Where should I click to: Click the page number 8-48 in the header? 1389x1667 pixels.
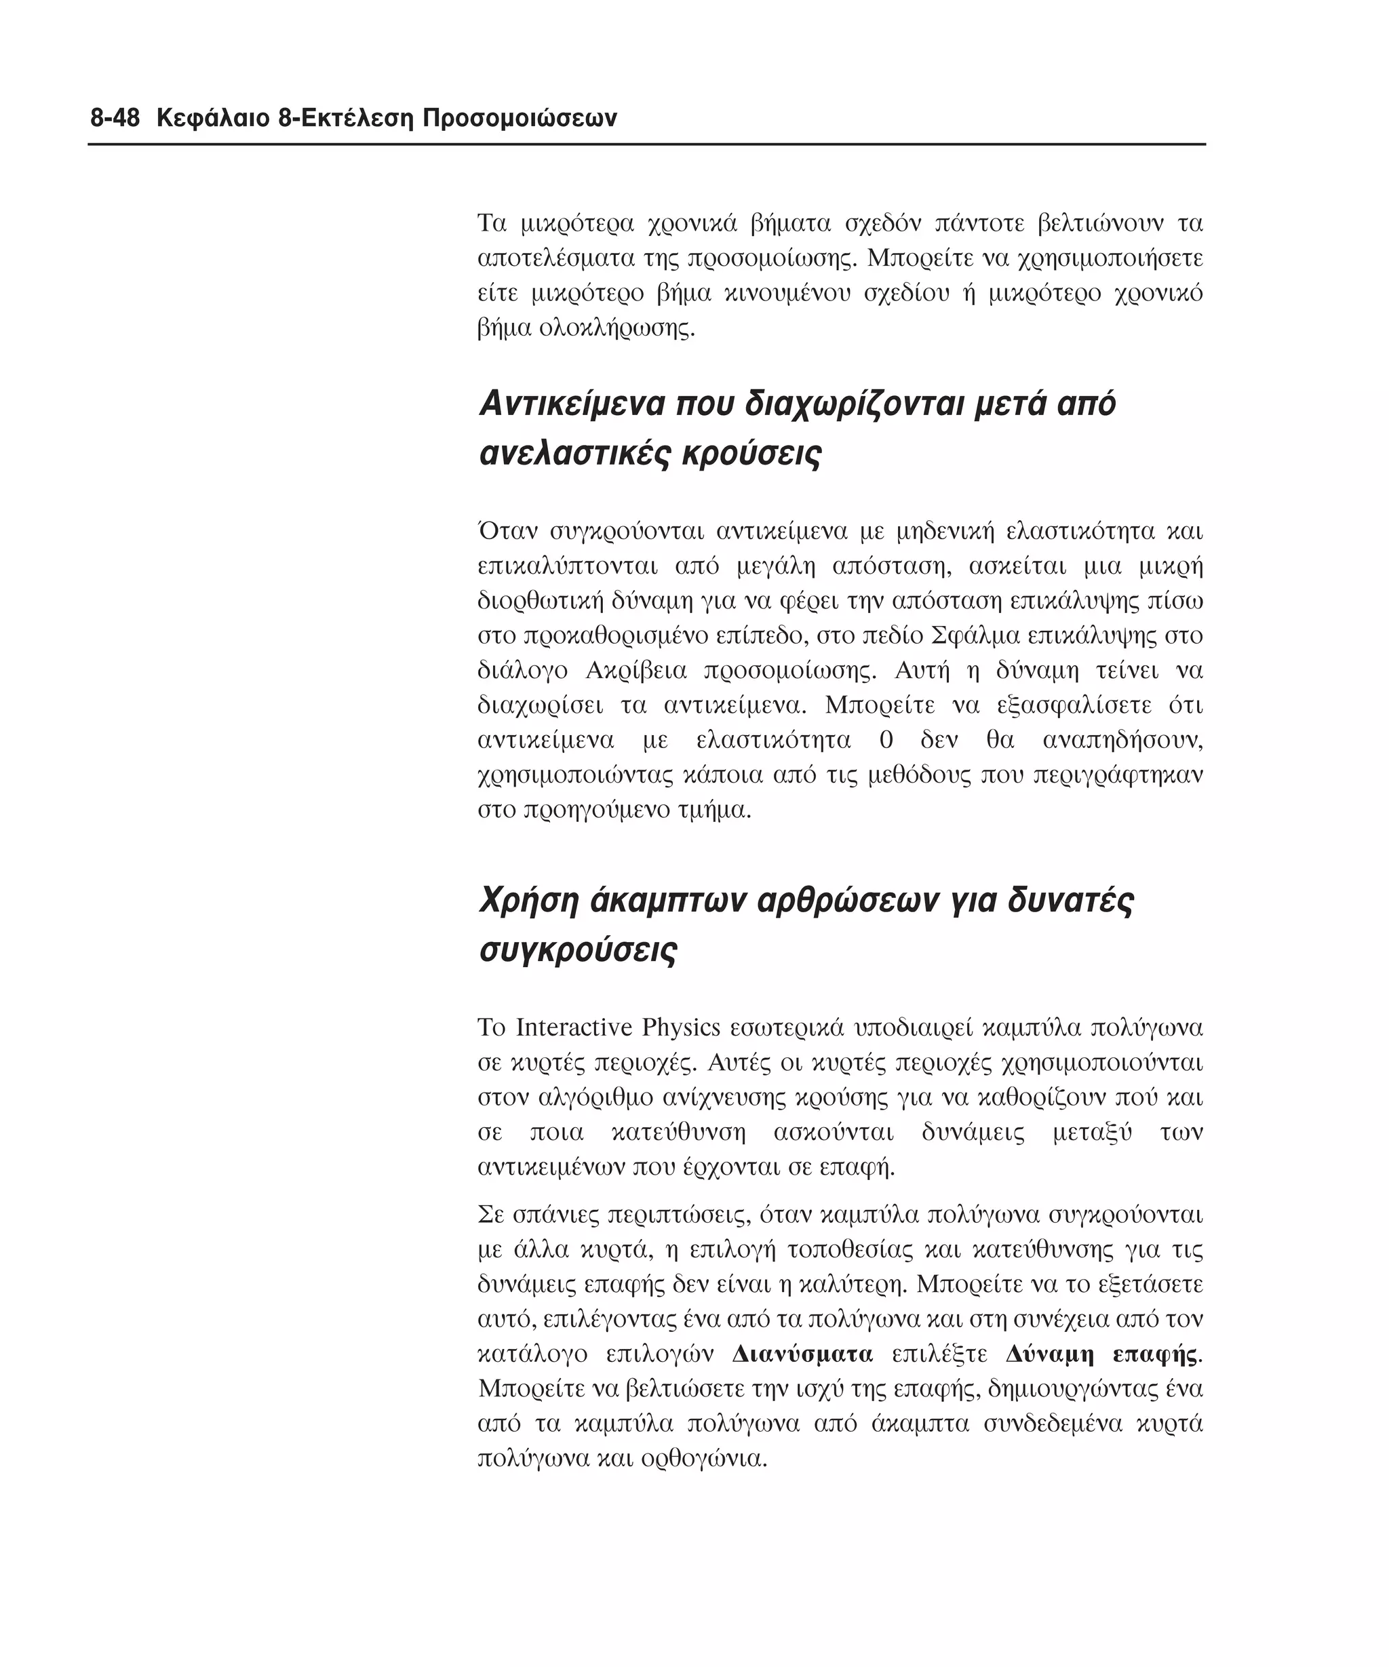(x=115, y=119)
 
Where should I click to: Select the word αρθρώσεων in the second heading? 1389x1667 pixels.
(x=847, y=901)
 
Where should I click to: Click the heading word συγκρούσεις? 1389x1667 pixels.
(x=579, y=950)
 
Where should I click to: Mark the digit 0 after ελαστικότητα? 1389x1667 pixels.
(x=886, y=741)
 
